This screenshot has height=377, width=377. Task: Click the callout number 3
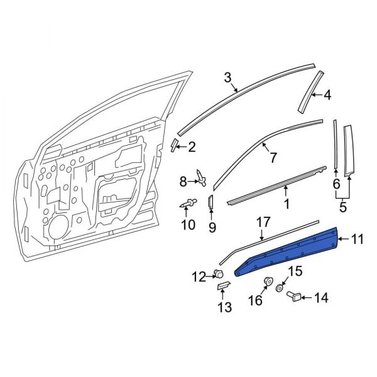(227, 77)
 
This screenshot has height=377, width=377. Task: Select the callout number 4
(327, 96)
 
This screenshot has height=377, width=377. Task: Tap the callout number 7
(273, 158)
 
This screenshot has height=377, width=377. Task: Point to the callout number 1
(287, 204)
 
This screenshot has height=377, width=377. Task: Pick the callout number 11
(358, 239)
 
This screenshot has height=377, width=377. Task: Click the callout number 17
(263, 222)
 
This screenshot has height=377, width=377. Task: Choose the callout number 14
(322, 297)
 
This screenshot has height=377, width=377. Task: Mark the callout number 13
(224, 307)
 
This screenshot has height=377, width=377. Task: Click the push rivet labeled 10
(190, 203)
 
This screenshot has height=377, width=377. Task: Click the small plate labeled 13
(224, 287)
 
